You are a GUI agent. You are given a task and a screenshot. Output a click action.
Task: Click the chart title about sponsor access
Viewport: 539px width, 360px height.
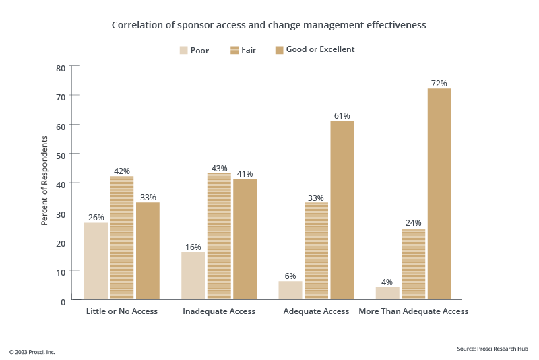point(269,25)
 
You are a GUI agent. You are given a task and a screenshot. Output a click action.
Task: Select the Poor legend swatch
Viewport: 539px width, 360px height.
point(183,50)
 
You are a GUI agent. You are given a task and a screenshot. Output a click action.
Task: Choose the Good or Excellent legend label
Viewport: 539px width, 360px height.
point(320,49)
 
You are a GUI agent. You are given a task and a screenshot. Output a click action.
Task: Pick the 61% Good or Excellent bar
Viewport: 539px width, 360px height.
point(342,210)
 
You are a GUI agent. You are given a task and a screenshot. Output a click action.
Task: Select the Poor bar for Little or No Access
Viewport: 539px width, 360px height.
point(96,261)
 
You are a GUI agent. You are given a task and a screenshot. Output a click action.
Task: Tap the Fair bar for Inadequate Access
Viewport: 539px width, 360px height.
point(219,236)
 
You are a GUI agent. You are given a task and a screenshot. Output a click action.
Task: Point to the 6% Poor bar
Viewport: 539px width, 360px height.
point(290,290)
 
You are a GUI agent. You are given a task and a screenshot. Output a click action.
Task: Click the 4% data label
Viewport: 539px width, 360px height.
point(387,281)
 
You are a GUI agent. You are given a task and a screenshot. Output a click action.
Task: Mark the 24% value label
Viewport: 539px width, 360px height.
point(413,223)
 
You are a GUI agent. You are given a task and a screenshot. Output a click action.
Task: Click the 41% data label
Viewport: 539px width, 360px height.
point(245,173)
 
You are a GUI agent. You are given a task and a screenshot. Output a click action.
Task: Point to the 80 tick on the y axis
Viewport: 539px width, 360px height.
point(61,67)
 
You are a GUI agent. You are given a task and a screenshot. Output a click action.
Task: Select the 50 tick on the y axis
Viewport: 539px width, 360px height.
point(61,154)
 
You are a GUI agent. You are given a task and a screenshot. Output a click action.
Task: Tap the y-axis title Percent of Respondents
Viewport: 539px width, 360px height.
point(44,180)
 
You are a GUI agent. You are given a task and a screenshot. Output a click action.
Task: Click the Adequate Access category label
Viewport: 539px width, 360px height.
point(316,311)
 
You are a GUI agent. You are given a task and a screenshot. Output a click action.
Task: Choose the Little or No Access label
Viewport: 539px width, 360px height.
point(122,311)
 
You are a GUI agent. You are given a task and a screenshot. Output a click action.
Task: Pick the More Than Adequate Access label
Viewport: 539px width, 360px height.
point(413,311)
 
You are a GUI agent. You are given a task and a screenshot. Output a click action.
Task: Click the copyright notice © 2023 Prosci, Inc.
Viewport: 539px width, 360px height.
point(32,352)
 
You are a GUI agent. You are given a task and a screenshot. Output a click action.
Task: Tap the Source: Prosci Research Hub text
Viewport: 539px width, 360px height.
point(493,349)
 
